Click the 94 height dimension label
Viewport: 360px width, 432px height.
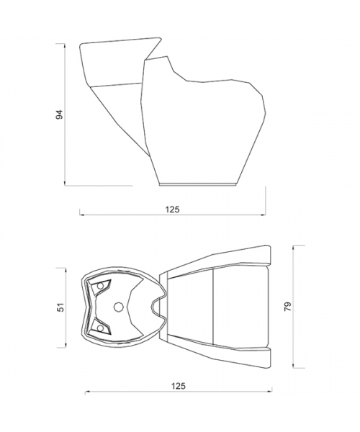pos(60,114)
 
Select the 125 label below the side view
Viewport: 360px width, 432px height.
pos(172,210)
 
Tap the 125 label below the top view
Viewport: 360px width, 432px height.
pos(179,386)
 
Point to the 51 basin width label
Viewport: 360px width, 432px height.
pos(61,307)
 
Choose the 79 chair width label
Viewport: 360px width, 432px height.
pos(287,307)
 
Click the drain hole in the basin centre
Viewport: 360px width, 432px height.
pos(118,307)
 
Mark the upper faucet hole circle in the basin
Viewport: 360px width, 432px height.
pos(101,286)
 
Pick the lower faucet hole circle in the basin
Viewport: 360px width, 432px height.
pos(101,328)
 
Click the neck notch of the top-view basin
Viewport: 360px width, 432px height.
pos(158,307)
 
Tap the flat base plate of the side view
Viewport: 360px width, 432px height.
pos(198,184)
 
